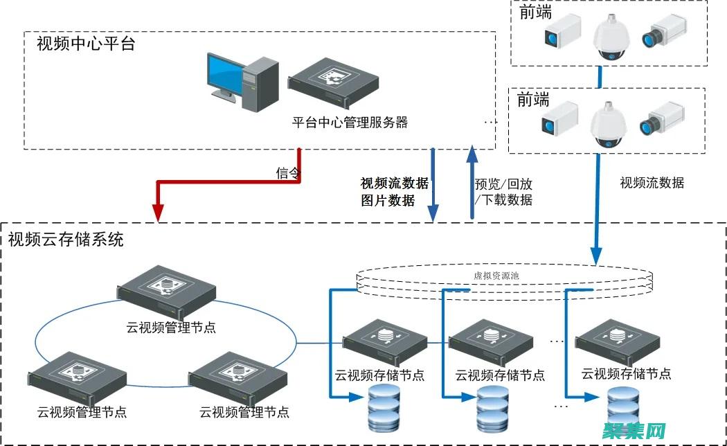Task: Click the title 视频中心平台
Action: coord(85,45)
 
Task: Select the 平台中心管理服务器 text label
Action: coord(350,123)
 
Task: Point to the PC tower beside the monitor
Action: coord(260,83)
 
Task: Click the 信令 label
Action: coord(287,173)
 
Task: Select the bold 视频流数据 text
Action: coord(394,184)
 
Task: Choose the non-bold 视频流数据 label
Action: coord(652,183)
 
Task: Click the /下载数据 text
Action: coord(503,200)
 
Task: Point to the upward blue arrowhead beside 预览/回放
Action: coord(473,154)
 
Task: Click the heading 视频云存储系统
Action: coord(66,240)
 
